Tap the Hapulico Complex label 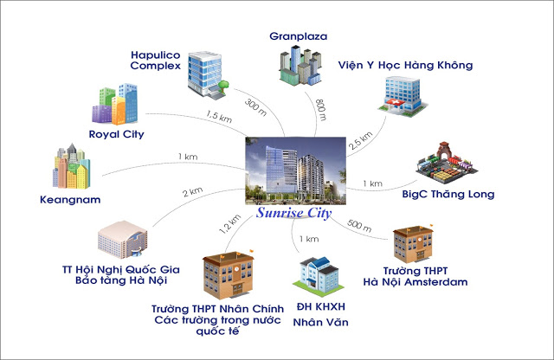click(156, 59)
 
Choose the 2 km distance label click(192, 191)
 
